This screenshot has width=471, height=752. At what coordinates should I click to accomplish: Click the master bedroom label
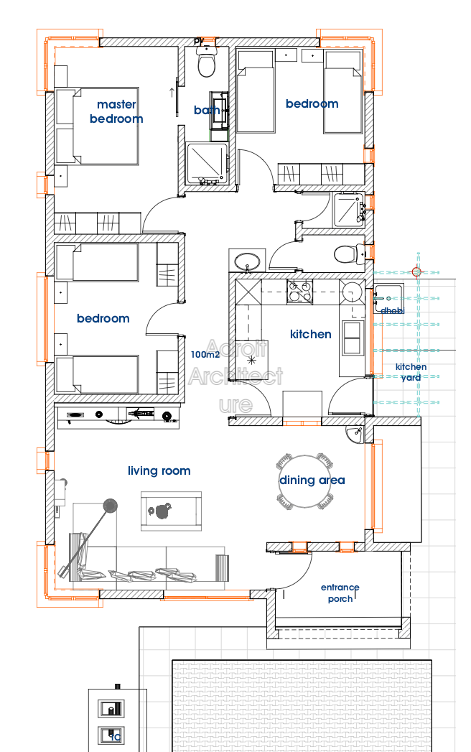pos(116,112)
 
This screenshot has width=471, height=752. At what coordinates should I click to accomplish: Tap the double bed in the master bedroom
pos(96,126)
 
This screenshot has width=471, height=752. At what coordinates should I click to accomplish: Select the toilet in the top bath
pos(207,64)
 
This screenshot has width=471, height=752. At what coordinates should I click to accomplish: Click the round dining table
pos(307,481)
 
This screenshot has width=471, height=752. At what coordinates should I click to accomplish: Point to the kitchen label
pos(311,334)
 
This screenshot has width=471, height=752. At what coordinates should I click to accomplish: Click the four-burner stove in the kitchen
pos(300,292)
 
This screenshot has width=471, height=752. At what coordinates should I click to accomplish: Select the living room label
pos(159,471)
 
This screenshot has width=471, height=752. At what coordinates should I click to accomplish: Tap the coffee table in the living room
pos(171,511)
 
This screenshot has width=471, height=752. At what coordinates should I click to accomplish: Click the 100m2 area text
pos(205,354)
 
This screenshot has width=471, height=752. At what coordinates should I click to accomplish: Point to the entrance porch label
pos(340,593)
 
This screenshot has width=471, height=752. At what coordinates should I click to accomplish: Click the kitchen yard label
pos(411,372)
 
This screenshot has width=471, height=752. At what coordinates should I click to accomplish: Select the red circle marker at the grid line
pos(416,271)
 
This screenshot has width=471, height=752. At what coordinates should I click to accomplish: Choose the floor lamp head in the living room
pos(111,506)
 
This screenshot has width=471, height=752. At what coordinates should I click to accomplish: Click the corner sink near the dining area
pos(357,434)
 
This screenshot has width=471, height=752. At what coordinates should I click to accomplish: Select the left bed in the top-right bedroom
pos(256,91)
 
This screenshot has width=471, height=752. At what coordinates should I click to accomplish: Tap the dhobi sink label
pos(392,311)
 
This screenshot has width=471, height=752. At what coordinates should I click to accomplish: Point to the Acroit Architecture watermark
pos(235,376)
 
